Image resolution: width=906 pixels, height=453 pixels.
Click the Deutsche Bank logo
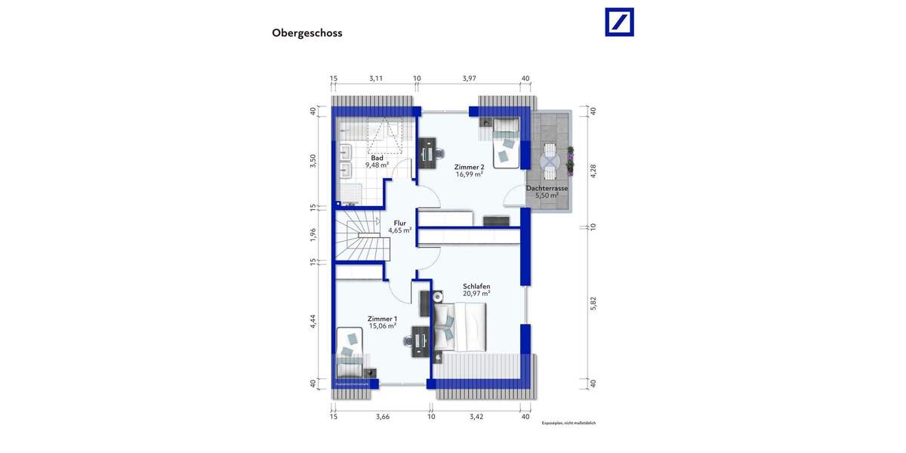pos(619,22)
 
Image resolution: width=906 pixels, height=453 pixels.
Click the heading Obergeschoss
pos(307,33)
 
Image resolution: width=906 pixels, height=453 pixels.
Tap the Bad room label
pos(377,158)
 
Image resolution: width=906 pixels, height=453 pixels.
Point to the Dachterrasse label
pos(547,188)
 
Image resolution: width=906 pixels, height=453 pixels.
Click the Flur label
pos(399,223)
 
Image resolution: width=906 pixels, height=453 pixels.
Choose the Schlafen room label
pos(477,286)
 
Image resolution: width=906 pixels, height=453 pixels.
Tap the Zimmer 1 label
pos(382,319)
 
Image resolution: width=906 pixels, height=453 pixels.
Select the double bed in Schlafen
pos(461,326)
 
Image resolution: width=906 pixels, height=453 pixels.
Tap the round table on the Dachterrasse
pos(549,159)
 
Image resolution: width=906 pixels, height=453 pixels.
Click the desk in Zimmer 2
pos(427,150)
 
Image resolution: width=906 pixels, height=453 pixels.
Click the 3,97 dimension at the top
pos(470,78)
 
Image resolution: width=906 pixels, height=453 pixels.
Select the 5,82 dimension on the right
pos(593,302)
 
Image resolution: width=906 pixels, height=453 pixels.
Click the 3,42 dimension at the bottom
pos(476,415)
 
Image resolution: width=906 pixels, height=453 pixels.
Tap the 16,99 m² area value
pos(469,173)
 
